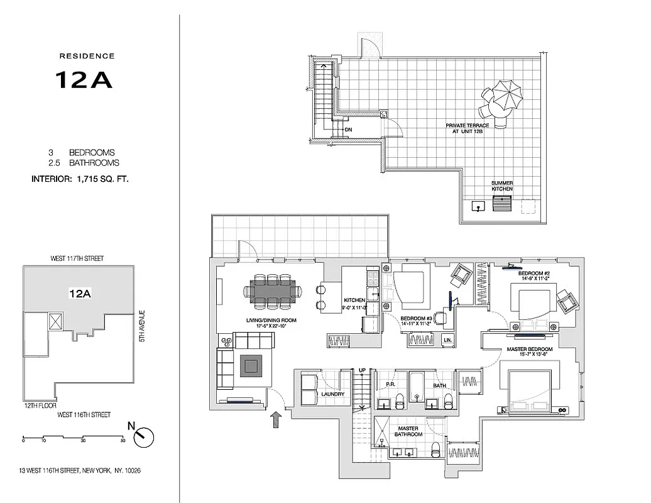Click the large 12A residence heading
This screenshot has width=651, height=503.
coord(84,79)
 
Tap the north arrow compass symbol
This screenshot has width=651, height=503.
coord(144,435)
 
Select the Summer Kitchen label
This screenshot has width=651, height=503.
coord(502,185)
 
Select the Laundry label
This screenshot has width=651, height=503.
coord(334,394)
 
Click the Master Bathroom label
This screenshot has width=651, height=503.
coord(408,431)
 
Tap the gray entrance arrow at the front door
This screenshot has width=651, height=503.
coord(275,420)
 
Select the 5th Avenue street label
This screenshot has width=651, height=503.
coord(143,327)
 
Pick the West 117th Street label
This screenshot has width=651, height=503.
coord(77,258)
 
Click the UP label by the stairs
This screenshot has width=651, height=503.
coord(362,370)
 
